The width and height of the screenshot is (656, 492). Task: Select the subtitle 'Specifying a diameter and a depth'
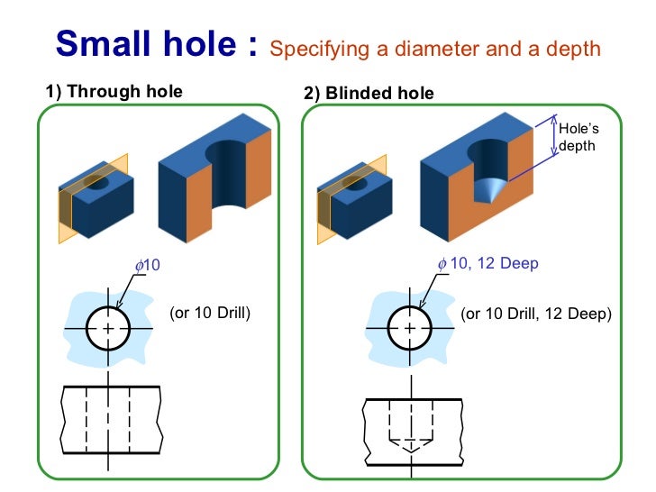pos(435,49)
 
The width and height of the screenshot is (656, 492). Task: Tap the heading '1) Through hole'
pos(114,91)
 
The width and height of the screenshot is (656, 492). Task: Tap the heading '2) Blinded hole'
pos(369,93)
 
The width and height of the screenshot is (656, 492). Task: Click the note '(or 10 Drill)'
pos(209,314)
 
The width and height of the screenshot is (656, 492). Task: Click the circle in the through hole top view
pos(108,329)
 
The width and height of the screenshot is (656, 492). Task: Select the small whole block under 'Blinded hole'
pos(355,201)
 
